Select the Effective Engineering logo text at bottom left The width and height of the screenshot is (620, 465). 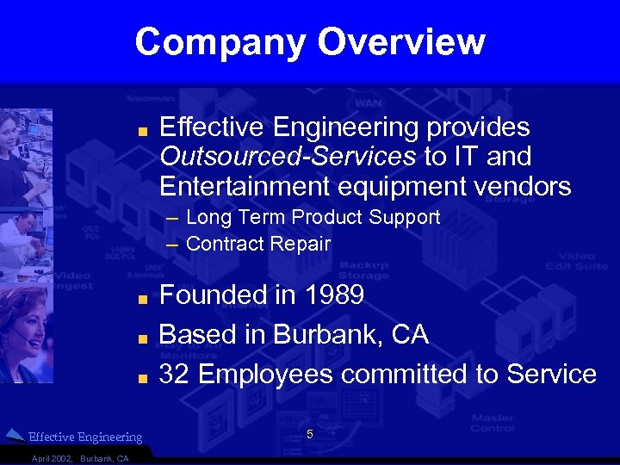[85, 437]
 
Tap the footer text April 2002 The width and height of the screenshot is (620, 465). [52, 458]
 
